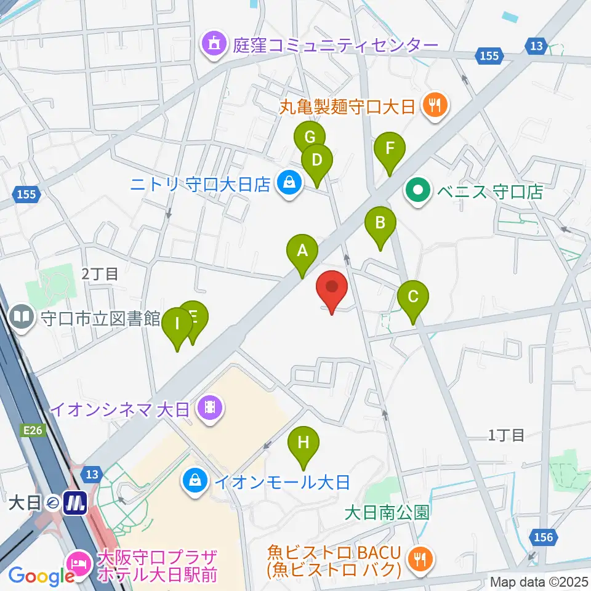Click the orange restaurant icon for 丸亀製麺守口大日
(x=435, y=105)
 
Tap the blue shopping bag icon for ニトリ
(x=287, y=183)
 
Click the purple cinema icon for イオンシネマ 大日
(x=211, y=407)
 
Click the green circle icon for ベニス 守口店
(x=419, y=191)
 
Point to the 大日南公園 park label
(x=387, y=513)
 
